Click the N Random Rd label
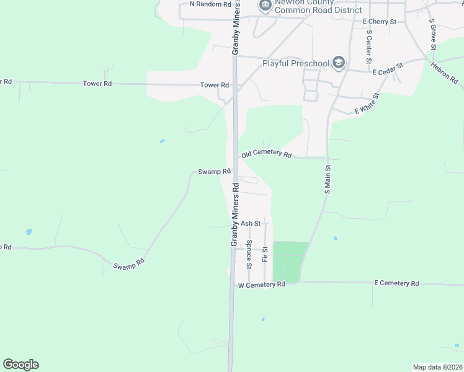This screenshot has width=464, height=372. [x=210, y=4]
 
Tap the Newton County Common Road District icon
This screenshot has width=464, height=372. [x=265, y=6]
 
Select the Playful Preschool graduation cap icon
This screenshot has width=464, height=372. [x=338, y=63]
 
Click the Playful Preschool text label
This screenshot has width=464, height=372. [x=296, y=63]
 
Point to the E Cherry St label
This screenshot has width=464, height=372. [x=379, y=22]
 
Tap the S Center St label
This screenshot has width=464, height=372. [x=368, y=46]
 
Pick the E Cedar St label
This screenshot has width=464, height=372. [x=388, y=69]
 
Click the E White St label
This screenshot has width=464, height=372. [x=367, y=104]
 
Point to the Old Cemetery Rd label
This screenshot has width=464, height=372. [x=266, y=154]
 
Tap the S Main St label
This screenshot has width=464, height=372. [x=328, y=179]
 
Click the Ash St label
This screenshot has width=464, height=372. [x=250, y=223]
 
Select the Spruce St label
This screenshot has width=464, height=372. [x=249, y=254]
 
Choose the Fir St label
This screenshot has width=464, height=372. [x=265, y=254]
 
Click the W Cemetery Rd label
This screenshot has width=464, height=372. [x=261, y=285]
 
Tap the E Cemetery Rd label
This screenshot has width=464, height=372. [x=396, y=283]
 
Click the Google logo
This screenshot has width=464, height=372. [x=20, y=365]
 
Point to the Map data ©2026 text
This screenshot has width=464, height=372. [x=437, y=367]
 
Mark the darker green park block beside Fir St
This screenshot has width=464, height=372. [x=289, y=260]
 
